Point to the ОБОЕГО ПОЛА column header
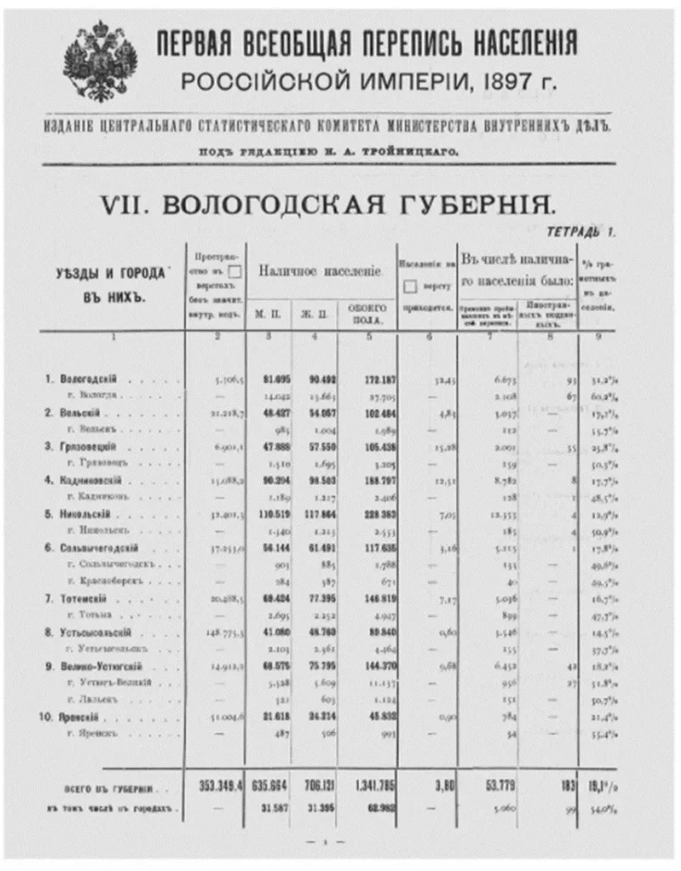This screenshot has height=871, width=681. click(368, 312)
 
